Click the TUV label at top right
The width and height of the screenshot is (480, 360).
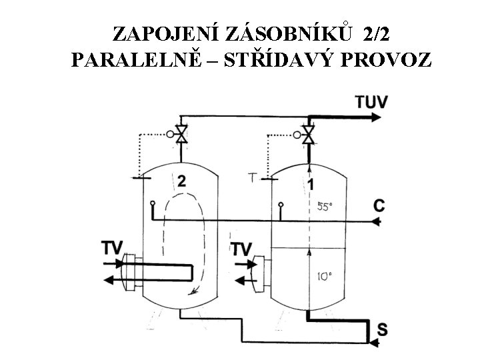pyautogui.click(x=371, y=103)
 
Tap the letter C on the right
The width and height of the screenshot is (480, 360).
pyautogui.click(x=379, y=207)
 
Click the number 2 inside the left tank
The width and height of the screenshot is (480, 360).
pyautogui.click(x=181, y=181)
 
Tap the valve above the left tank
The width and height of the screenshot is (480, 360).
pyautogui.click(x=181, y=134)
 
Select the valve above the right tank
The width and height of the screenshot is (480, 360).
pyautogui.click(x=308, y=134)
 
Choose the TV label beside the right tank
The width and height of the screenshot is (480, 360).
pyautogui.click(x=241, y=249)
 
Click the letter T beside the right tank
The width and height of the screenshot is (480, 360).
pyautogui.click(x=252, y=178)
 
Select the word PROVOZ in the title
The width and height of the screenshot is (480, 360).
pyautogui.click(x=390, y=61)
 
